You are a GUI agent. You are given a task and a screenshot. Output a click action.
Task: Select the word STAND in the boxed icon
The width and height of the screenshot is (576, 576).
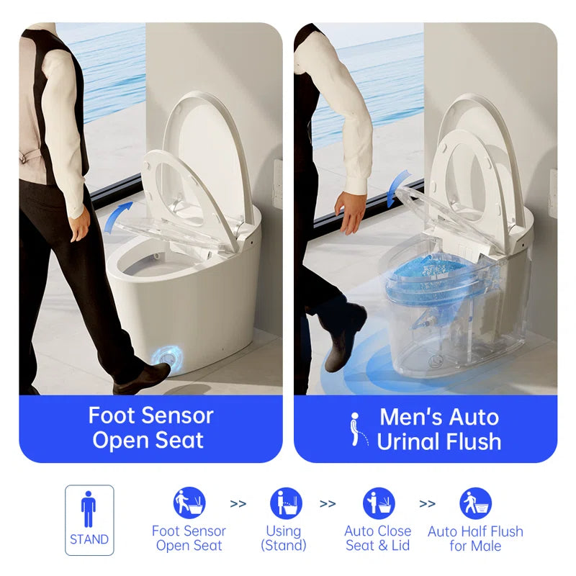click(89, 539)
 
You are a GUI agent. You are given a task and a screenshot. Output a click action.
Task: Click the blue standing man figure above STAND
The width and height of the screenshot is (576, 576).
click(89, 509)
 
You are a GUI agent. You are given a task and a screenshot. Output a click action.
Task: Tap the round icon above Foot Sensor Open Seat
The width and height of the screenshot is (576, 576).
click(189, 503)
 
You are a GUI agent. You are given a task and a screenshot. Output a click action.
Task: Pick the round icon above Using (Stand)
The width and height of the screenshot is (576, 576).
click(286, 503)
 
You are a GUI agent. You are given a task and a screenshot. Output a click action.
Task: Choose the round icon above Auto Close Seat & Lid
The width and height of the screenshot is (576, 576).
click(379, 503)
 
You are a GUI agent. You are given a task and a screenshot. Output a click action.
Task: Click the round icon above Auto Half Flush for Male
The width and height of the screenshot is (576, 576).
click(475, 503)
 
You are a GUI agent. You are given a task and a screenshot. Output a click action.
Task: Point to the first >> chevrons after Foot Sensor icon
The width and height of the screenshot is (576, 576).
click(238, 503)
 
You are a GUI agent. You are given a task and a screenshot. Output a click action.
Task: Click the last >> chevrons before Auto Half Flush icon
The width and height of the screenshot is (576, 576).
click(427, 503)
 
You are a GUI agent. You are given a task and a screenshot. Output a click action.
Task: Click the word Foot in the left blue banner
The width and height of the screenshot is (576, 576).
click(112, 415)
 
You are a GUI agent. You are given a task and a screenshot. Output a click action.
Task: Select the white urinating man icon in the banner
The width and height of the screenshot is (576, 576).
click(358, 429)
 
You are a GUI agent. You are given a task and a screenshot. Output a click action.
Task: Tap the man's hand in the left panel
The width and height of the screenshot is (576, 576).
click(79, 228)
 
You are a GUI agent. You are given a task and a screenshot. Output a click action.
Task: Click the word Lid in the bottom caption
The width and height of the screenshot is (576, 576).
click(400, 546)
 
